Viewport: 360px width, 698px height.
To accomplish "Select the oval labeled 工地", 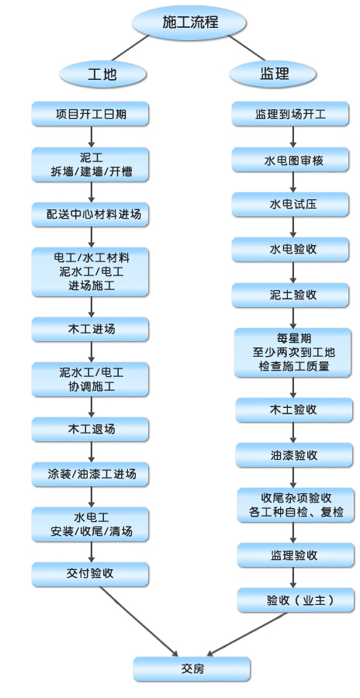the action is (102, 74).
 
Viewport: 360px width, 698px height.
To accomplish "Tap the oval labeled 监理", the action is (274, 74).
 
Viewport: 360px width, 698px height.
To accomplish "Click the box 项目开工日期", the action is (90, 114).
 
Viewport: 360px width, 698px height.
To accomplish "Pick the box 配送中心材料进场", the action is (90, 215).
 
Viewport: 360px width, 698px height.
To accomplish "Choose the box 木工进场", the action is (90, 329).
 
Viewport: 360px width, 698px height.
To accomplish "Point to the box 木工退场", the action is (90, 429).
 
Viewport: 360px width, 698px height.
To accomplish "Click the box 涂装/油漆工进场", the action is (90, 474).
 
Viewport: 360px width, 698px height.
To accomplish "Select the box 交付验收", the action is (90, 574).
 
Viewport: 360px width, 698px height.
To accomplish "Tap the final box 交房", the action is (192, 669).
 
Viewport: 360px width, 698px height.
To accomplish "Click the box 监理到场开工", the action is (290, 114).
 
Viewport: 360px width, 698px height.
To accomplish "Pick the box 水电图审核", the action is (290, 160).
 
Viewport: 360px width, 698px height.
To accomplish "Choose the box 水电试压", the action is (290, 204).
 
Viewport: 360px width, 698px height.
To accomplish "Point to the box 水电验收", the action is (290, 249).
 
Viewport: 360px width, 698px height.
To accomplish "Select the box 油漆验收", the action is (293, 455).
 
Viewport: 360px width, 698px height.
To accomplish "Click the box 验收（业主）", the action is (296, 600).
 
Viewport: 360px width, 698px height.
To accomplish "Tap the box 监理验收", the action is (296, 555).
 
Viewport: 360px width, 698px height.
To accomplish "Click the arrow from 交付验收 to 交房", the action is (139, 621).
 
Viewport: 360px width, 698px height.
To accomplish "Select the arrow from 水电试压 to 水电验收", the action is (292, 227).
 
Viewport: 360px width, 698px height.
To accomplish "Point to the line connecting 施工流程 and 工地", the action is (130, 48).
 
